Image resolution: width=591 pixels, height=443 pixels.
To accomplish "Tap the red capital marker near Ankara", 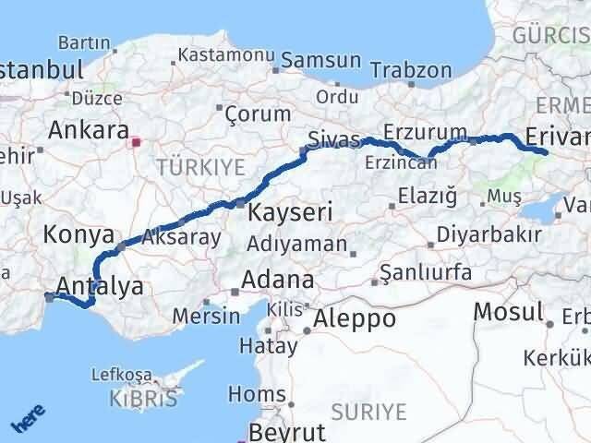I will pyautogui.click(x=136, y=142).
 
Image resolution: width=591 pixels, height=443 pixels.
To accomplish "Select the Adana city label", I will pyautogui.click(x=276, y=281).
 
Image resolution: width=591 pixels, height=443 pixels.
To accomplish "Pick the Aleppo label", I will pyautogui.click(x=355, y=319).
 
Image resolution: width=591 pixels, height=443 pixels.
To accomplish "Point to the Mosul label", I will pyautogui.click(x=508, y=312).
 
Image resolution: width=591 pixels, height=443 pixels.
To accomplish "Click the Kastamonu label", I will pyautogui.click(x=222, y=54).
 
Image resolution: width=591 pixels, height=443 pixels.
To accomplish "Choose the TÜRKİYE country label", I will pyautogui.click(x=200, y=167).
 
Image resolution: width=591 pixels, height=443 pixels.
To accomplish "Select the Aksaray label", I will pyautogui.click(x=181, y=237).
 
